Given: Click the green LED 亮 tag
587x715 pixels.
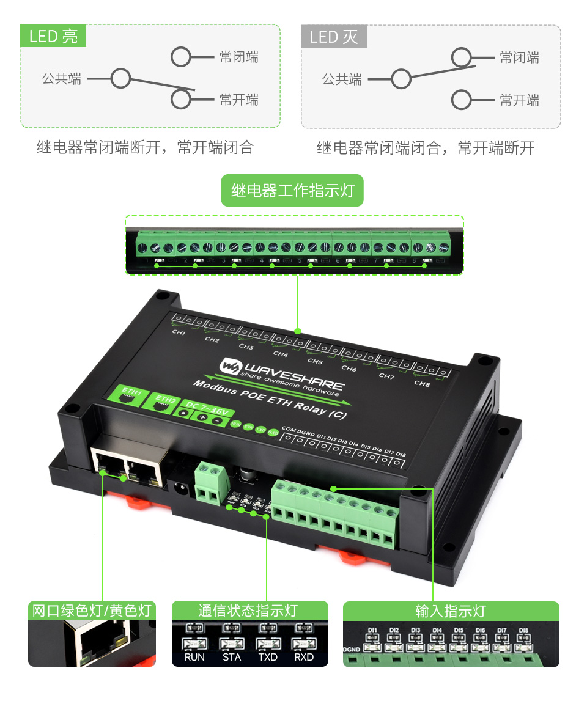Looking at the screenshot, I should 53,36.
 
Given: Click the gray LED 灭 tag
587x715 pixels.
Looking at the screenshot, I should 334,37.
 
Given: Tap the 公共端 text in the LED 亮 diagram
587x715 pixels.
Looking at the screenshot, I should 62,79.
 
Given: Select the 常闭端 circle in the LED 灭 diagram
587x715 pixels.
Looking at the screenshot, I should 462,57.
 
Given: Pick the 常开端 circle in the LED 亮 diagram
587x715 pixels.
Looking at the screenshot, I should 181,99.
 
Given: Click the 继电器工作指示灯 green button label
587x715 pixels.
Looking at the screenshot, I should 292,191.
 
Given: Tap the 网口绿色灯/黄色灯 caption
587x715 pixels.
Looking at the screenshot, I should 92,610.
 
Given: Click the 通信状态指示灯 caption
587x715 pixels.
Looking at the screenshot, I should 249,610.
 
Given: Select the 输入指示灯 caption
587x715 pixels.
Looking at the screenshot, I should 451,610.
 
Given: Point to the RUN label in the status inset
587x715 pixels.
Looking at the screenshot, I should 195,658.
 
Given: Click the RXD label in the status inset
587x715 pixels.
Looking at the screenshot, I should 304,658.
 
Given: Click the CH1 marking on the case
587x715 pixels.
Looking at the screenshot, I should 179,333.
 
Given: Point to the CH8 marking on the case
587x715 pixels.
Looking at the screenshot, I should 422,383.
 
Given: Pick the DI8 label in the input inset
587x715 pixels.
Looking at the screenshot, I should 523,630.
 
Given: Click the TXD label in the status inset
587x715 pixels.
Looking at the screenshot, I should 268,658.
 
